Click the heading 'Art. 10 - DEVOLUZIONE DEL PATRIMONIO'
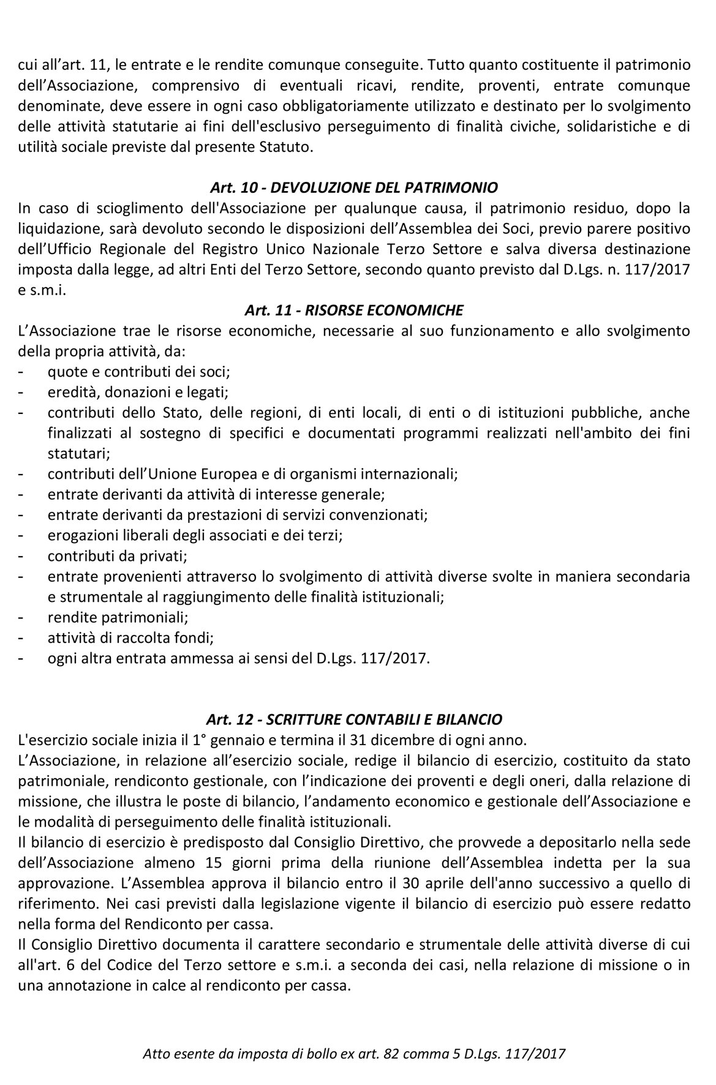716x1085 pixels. [354, 187]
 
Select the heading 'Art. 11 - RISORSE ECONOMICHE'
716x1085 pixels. [354, 310]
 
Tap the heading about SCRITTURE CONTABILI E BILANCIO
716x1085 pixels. [354, 719]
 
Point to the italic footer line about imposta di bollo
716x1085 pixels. [354, 1054]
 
